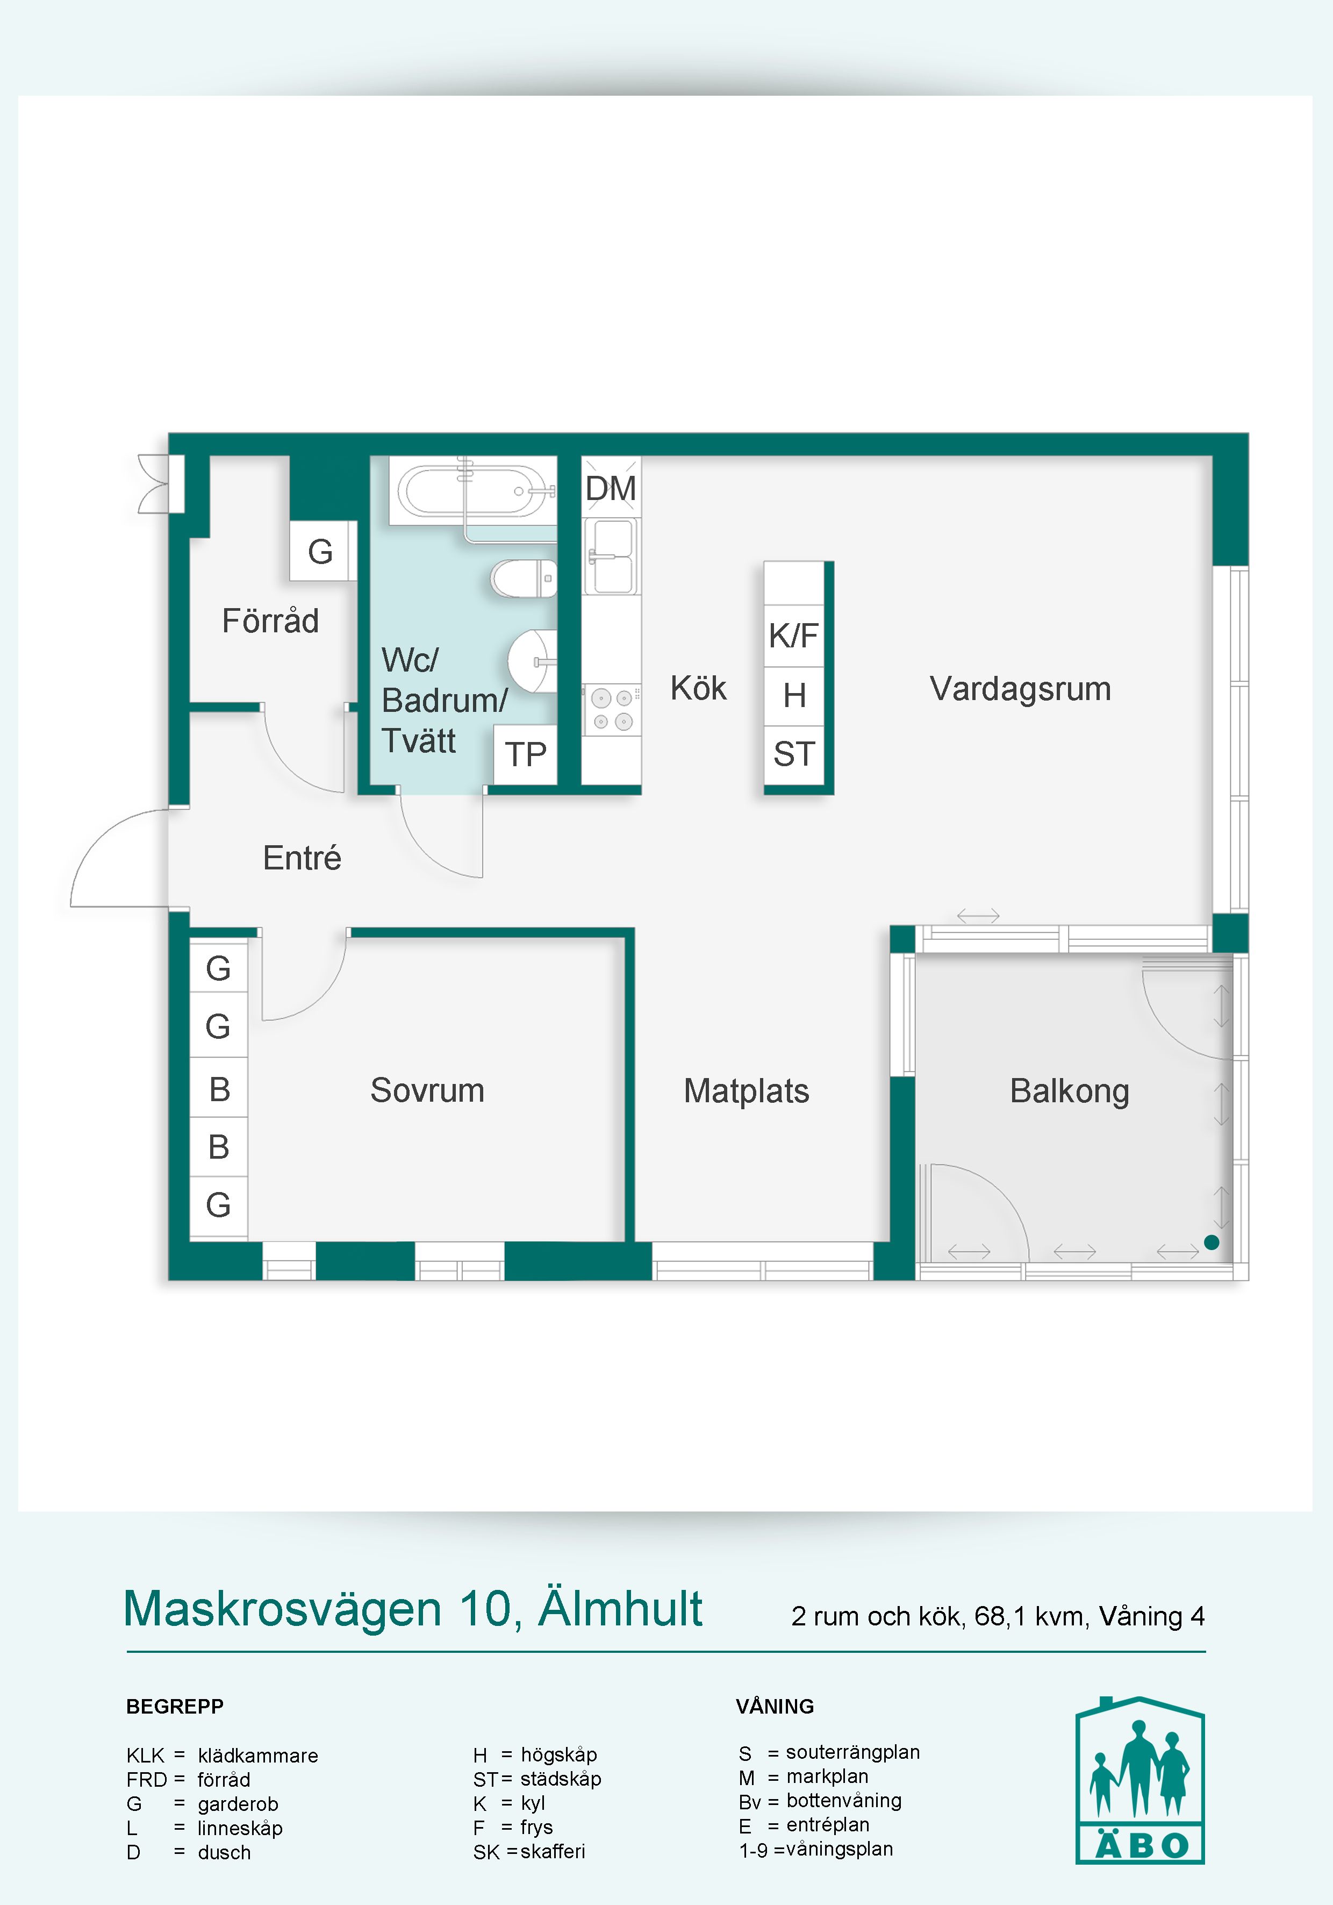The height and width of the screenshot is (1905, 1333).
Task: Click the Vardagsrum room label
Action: [1020, 689]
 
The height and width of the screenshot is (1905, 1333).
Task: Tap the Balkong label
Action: [1069, 1091]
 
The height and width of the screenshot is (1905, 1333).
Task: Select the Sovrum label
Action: [427, 1090]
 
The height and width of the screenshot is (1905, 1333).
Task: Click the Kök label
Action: [698, 688]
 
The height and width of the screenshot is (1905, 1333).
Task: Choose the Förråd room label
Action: [270, 620]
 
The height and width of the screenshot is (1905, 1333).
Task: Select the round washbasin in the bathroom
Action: [533, 661]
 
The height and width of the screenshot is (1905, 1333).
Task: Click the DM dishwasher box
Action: [611, 488]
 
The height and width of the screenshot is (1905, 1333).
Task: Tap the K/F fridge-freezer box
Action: [794, 636]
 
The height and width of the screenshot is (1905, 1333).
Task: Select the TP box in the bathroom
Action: [525, 754]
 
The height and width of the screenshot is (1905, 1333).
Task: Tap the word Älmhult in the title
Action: [620, 1608]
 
